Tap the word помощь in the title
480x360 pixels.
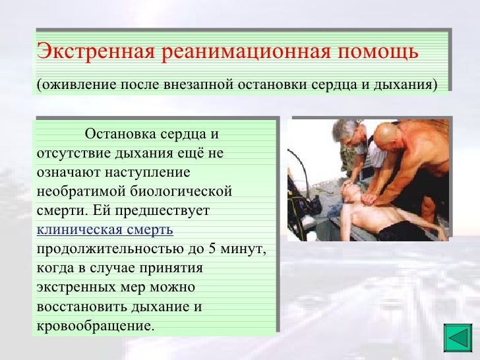point(378,51)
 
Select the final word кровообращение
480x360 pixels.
point(94,326)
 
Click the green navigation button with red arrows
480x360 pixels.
point(456,337)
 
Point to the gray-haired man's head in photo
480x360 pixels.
point(347,131)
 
